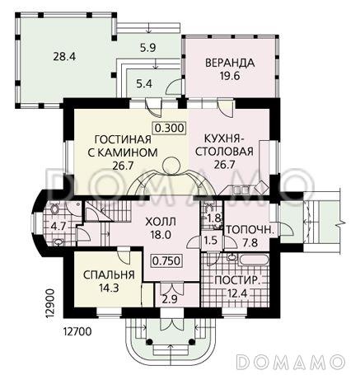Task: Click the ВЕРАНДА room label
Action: click(230, 63)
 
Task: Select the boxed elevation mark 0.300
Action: click(169, 128)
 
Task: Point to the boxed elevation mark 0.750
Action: click(166, 260)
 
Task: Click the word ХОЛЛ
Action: click(161, 222)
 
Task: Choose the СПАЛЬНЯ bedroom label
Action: click(109, 275)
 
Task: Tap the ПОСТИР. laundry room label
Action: click(237, 280)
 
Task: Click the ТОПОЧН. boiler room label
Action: click(250, 229)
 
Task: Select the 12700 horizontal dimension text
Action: click(77, 332)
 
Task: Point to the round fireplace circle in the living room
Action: click(171, 166)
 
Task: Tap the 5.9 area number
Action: click(147, 48)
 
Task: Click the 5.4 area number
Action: click(144, 83)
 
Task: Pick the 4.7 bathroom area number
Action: click(58, 227)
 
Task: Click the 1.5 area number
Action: click(210, 241)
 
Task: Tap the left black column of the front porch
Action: click(149, 342)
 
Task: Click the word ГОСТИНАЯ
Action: click(123, 139)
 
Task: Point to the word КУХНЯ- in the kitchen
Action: click(224, 138)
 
